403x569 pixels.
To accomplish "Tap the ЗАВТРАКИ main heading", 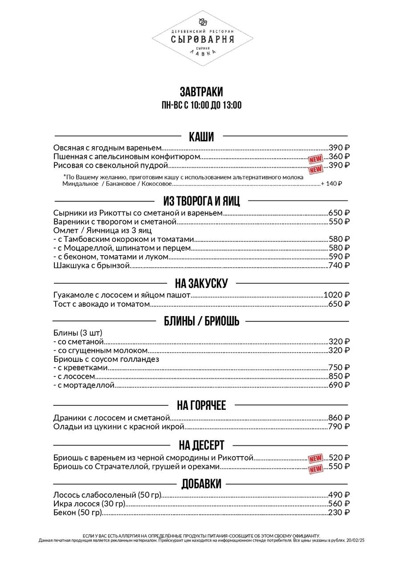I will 201,92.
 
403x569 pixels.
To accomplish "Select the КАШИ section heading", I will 201,136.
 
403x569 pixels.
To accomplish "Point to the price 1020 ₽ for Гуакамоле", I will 336,295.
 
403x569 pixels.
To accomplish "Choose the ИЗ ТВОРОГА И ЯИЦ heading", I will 201,201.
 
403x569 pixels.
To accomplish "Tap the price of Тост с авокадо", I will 339,304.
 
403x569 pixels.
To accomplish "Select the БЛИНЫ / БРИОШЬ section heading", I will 201,321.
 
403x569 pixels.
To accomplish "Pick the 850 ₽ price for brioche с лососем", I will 339,376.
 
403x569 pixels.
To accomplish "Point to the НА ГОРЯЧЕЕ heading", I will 201,405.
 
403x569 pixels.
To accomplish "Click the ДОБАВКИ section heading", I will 201,484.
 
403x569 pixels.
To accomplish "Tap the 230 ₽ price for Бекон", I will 339,512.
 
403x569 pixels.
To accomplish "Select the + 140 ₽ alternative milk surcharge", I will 331,184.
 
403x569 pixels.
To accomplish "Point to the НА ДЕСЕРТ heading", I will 201,445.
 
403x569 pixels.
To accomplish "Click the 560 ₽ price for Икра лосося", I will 339,503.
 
